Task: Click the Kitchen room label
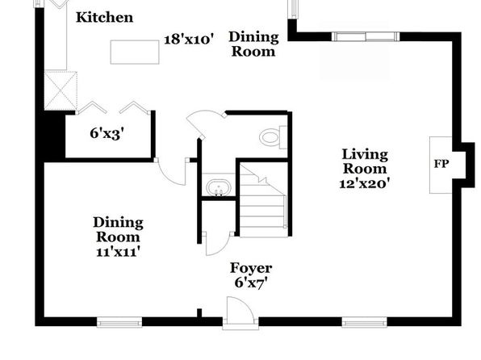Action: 105,17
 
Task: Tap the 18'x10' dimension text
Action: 189,40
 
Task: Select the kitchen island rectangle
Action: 135,52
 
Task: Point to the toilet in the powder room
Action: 273,137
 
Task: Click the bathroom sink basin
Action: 218,187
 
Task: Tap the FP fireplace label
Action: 441,164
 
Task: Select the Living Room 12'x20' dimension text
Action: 365,183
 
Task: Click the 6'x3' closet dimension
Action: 107,133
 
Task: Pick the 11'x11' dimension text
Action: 119,252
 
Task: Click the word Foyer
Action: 251,268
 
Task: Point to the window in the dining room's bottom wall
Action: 119,322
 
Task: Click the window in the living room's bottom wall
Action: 365,322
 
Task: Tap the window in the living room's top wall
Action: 366,36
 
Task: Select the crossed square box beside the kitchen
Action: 61,90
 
